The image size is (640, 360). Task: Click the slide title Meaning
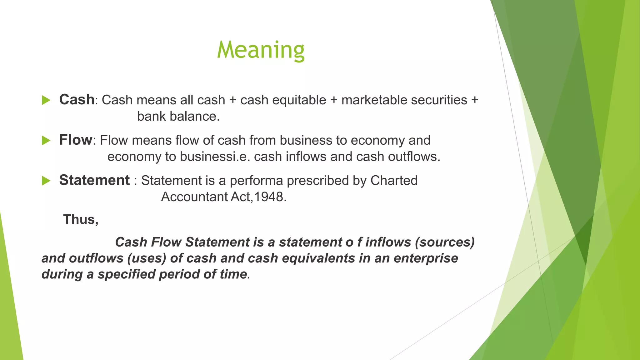[x=261, y=50]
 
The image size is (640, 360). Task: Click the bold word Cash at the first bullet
[x=77, y=100]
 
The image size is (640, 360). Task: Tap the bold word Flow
[x=76, y=140]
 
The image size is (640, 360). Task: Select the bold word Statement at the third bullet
[x=94, y=180]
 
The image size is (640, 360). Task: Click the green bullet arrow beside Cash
[x=46, y=100]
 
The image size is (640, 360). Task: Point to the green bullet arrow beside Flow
[x=46, y=141]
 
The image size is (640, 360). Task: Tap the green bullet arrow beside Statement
[x=46, y=181]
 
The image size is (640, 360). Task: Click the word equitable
[x=299, y=100]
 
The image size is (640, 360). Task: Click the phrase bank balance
[x=178, y=117]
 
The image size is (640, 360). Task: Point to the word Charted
[x=394, y=181]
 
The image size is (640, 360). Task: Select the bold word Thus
[x=80, y=219]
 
